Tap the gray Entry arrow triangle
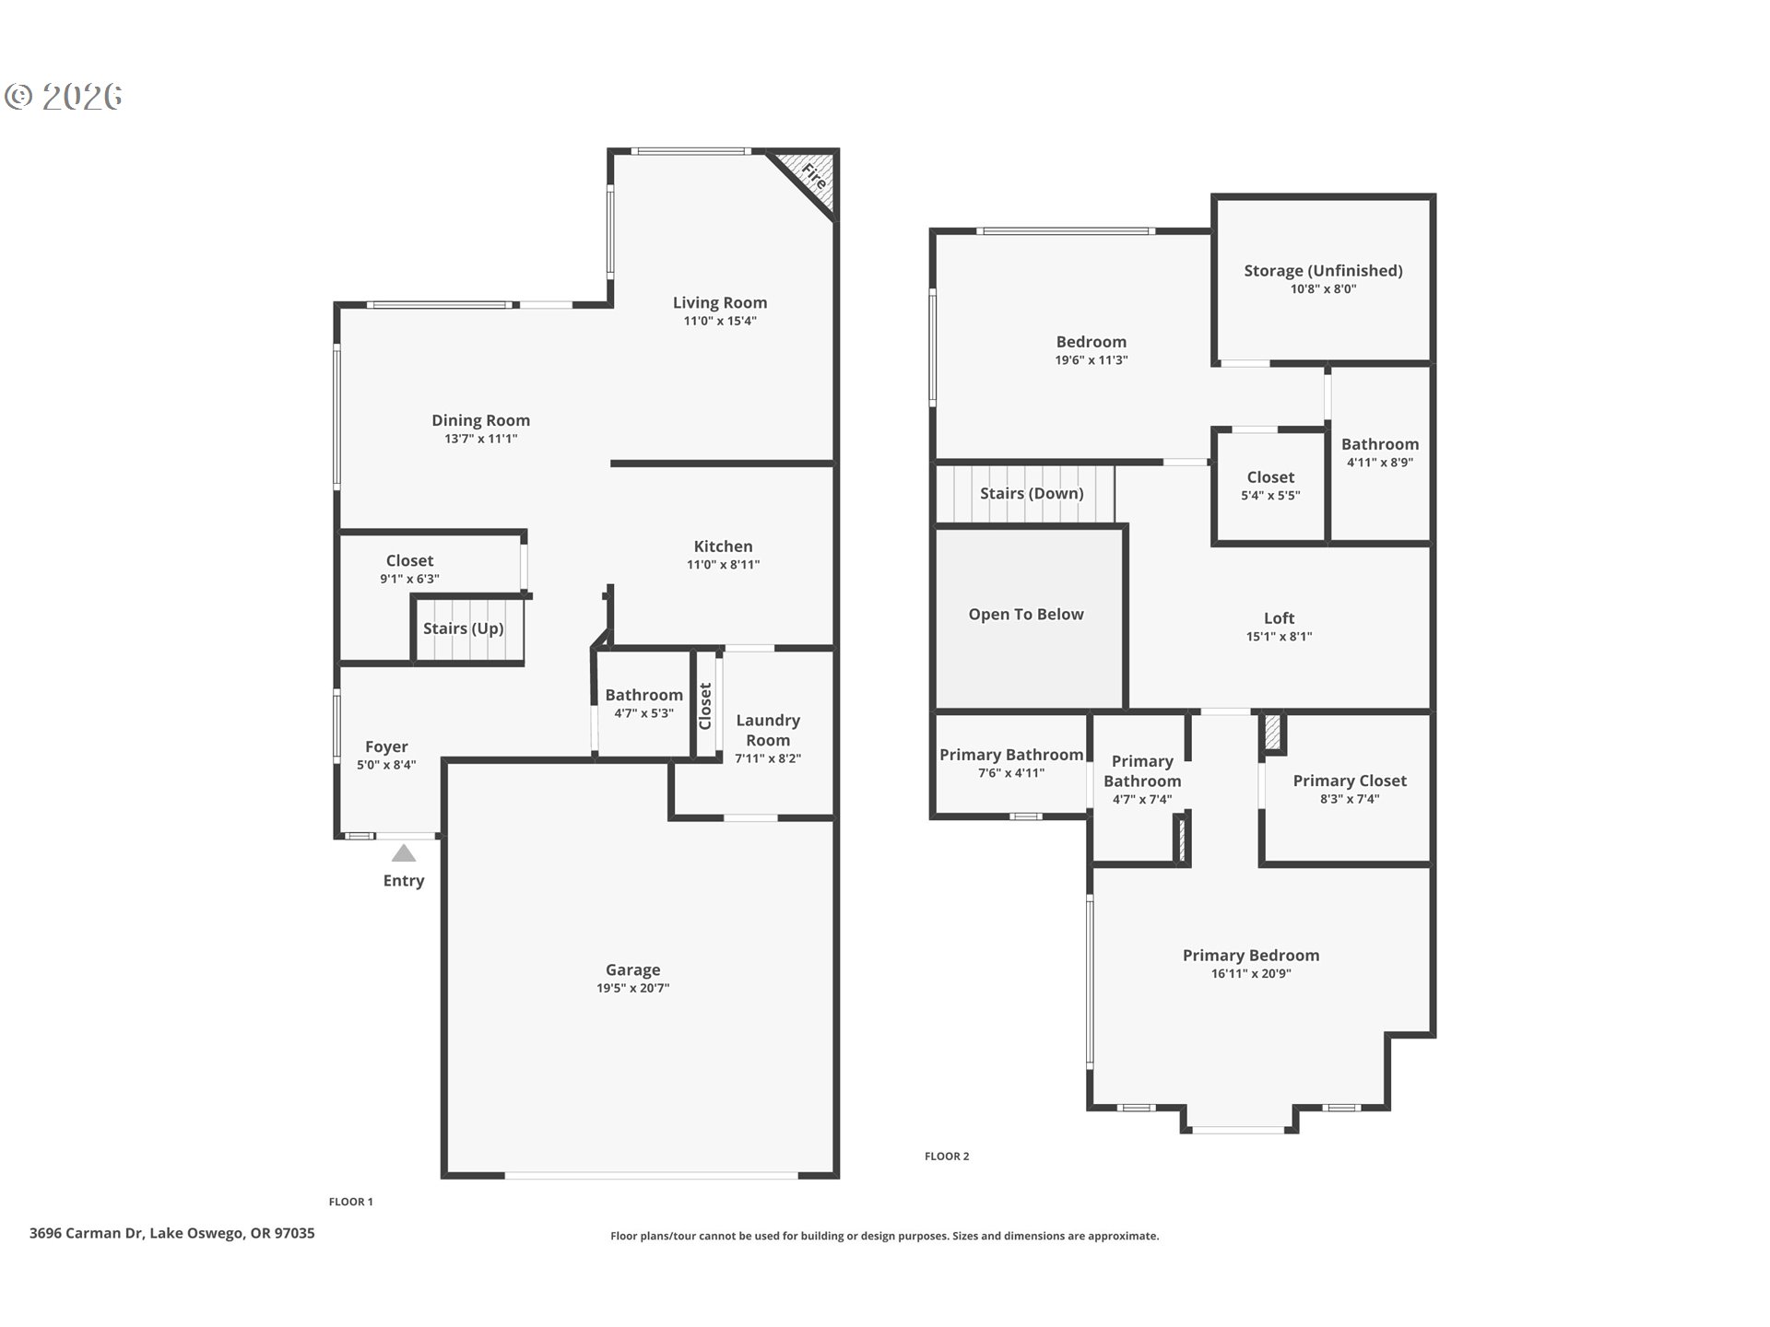[x=404, y=853]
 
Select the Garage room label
[x=632, y=969]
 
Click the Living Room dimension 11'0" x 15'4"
[x=720, y=322]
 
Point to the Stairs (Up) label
[x=463, y=628]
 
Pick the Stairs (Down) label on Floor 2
[x=1031, y=493]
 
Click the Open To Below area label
[x=1025, y=615]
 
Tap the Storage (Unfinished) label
[x=1323, y=270]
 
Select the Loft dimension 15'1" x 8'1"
[x=1279, y=637]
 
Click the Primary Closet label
[x=1349, y=781]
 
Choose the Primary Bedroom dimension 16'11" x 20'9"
[x=1250, y=974]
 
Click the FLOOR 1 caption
[x=351, y=1202]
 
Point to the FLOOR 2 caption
[x=947, y=1157]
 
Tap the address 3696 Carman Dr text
[x=172, y=1233]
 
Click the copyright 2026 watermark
[x=65, y=97]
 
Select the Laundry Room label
[x=767, y=730]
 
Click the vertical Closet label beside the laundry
[x=706, y=706]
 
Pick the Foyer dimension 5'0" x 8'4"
[x=386, y=765]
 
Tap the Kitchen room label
[x=723, y=546]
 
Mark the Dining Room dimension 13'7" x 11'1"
[x=480, y=440]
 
